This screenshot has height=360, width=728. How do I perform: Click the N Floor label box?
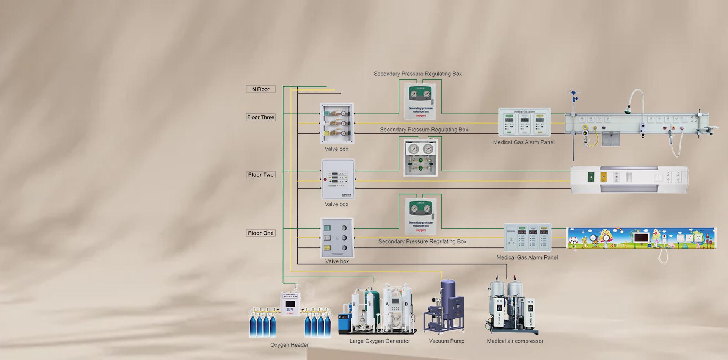(x=260, y=89)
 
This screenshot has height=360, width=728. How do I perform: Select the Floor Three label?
(x=260, y=117)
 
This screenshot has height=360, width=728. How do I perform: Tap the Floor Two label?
(x=260, y=175)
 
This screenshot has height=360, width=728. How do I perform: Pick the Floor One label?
(x=260, y=233)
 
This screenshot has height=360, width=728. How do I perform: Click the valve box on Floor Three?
(x=337, y=123)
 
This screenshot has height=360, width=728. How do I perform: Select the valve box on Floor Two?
(x=338, y=179)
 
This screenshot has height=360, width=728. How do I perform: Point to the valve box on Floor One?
(x=337, y=238)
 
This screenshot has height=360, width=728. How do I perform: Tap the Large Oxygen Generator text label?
(x=380, y=341)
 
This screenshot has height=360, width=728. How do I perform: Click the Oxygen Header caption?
(x=289, y=345)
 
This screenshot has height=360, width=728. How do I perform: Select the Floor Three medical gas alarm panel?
(x=524, y=122)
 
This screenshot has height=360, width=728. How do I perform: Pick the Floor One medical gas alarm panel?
(x=527, y=238)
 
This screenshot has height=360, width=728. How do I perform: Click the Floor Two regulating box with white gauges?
(x=420, y=158)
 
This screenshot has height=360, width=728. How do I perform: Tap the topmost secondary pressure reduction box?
(x=420, y=102)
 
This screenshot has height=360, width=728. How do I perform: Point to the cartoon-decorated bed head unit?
(x=641, y=238)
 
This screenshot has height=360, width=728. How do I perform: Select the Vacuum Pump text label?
(x=446, y=341)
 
